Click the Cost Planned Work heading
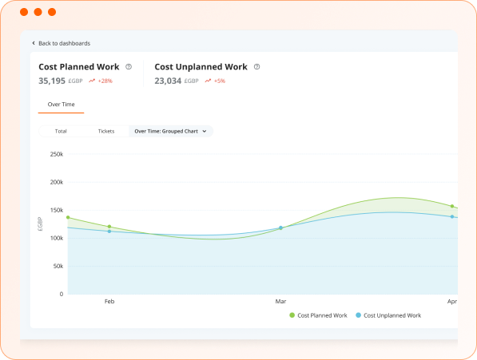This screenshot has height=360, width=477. [x=79, y=67]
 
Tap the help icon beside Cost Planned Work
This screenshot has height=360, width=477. [x=129, y=67]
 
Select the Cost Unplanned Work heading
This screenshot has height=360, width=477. [x=201, y=67]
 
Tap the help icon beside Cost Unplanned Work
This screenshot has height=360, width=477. [x=256, y=67]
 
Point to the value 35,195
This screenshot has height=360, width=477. [x=51, y=81]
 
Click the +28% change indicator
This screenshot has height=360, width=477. [x=101, y=81]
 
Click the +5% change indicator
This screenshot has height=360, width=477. [x=216, y=81]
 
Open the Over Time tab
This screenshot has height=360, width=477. [x=61, y=105]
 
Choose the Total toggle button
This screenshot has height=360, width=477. [x=61, y=131]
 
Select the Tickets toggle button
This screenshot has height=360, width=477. [x=105, y=131]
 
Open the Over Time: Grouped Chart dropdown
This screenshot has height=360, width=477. [x=170, y=131]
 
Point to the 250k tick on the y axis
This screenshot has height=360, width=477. [x=56, y=154]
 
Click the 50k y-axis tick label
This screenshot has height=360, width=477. [x=58, y=266]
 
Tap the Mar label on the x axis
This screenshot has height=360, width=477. [x=280, y=302]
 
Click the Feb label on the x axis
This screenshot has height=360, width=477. [x=109, y=302]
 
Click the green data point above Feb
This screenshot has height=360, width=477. [x=109, y=227]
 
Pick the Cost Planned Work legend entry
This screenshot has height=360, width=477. [x=318, y=315]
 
